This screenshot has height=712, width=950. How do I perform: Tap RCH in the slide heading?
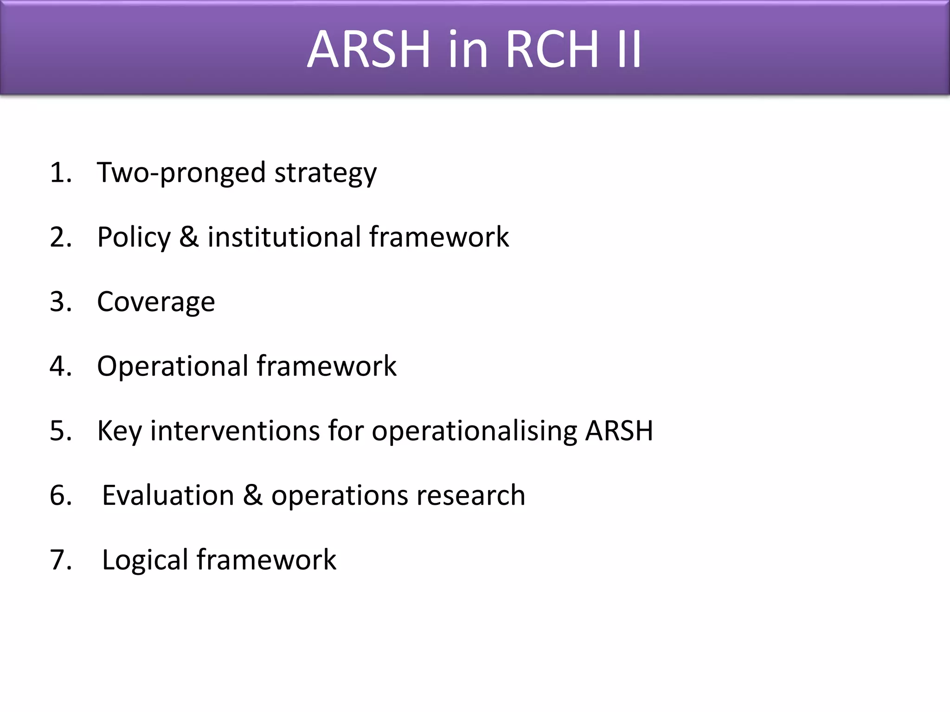[552, 49]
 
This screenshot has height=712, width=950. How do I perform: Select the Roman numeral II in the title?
[629, 49]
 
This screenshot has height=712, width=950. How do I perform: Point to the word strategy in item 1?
[325, 173]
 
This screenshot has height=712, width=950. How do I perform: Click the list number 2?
[61, 237]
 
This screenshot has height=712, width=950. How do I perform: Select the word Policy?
[134, 237]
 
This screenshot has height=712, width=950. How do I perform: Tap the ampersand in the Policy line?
[189, 237]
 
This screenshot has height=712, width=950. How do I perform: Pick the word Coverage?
[156, 302]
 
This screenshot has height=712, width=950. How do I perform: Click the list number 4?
[61, 366]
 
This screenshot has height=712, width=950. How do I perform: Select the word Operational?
[173, 366]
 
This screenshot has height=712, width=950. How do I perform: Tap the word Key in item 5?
[119, 431]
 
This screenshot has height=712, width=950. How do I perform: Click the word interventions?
[235, 431]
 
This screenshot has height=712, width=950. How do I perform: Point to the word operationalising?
[474, 431]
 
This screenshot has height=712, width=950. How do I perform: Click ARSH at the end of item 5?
[619, 431]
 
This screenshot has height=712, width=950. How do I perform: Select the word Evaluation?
[168, 495]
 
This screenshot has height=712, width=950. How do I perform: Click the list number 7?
[61, 559]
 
